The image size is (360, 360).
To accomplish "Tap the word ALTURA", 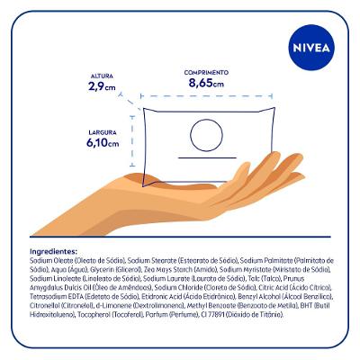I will tap(102, 76).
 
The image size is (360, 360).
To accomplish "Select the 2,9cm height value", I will tap(102, 87).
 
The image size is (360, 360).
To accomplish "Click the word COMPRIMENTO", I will tap(206, 72).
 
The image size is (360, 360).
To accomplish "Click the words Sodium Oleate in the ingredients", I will tap(51, 259).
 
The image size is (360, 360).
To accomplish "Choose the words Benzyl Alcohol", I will tap(263, 294).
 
